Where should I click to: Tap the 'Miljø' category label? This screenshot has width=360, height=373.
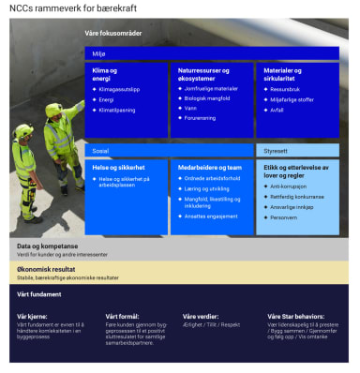point(97,53)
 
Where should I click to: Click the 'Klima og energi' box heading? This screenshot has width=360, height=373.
point(104,74)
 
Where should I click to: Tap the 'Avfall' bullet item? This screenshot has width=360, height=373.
point(277,109)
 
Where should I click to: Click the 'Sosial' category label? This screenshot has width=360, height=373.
point(99,150)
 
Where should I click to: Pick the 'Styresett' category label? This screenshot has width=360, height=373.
point(276,149)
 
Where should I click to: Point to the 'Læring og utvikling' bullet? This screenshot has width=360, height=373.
point(207,187)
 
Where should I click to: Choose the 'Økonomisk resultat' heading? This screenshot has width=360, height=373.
point(46,268)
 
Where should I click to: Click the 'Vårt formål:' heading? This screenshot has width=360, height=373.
point(122,317)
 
